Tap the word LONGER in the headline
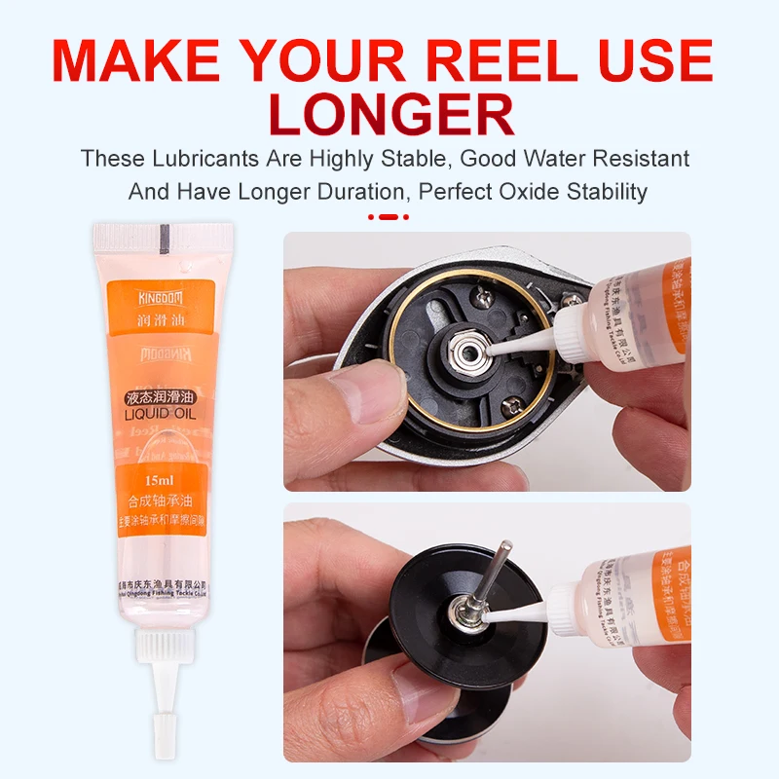coord(389,115)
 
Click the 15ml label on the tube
coord(159,481)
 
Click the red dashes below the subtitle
coord(390,216)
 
